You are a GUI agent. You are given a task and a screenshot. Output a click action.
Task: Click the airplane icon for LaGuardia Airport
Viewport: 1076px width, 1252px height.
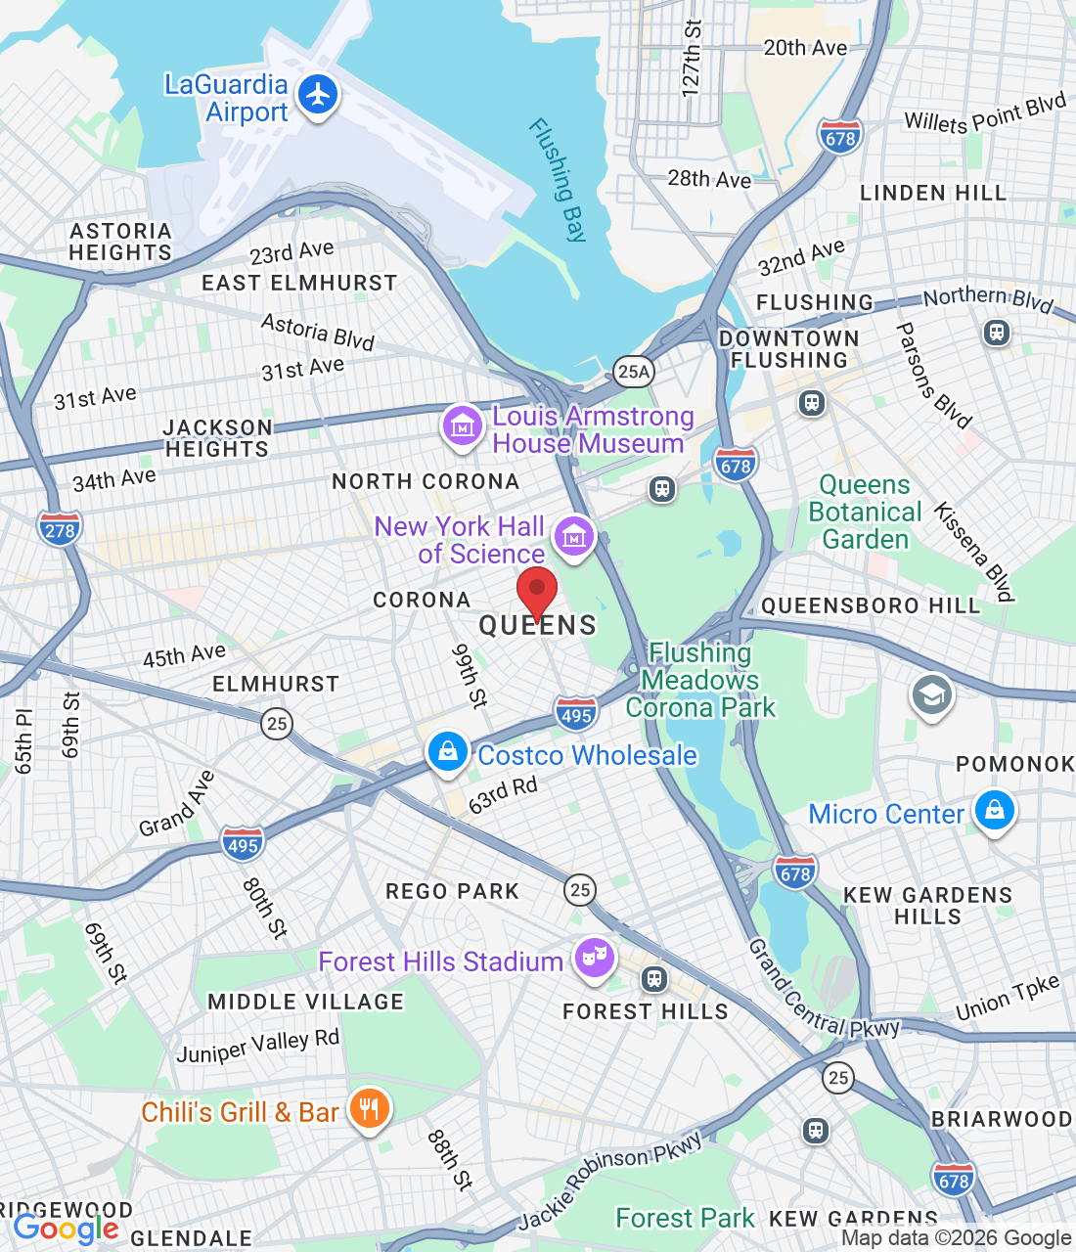tap(317, 96)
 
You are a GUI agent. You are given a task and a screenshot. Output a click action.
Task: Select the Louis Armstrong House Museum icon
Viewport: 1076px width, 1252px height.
tap(462, 425)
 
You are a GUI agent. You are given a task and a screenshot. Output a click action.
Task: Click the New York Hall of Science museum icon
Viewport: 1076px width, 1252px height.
tap(573, 536)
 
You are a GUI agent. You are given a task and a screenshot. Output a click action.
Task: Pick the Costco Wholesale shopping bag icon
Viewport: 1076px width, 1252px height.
tap(447, 752)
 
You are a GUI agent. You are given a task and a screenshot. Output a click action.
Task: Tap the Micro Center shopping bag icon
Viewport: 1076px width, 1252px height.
tap(994, 811)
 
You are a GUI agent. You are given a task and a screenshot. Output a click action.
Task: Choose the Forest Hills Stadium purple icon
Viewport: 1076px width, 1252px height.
tap(594, 958)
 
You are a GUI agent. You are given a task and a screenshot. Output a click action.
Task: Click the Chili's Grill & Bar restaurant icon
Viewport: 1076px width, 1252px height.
tap(369, 1109)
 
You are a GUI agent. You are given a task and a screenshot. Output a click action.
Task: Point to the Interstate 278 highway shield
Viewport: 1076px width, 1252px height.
tap(60, 529)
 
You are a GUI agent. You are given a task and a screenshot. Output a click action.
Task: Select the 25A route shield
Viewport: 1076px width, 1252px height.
tap(633, 371)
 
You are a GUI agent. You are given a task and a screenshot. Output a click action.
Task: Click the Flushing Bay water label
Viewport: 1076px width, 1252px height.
tap(559, 180)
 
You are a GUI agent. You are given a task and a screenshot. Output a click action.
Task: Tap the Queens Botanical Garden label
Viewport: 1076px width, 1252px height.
tap(865, 512)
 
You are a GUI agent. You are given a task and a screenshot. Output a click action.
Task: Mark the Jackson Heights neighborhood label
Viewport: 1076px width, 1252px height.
tap(217, 438)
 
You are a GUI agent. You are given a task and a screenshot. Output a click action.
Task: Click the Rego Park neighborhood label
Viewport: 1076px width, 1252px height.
tap(452, 891)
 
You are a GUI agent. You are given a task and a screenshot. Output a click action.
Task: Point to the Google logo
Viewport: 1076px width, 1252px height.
tap(67, 1229)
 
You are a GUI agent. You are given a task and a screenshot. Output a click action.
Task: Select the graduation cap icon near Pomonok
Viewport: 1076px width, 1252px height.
tap(931, 695)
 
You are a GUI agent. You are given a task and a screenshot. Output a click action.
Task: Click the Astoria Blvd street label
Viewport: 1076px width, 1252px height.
tap(318, 332)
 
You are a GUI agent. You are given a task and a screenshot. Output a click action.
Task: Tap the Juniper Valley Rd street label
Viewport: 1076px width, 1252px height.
tap(257, 1046)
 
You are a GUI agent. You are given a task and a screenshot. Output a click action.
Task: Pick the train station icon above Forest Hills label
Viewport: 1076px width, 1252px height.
tap(654, 977)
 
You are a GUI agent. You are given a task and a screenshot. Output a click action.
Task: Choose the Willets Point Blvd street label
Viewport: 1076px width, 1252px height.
tap(984, 114)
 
